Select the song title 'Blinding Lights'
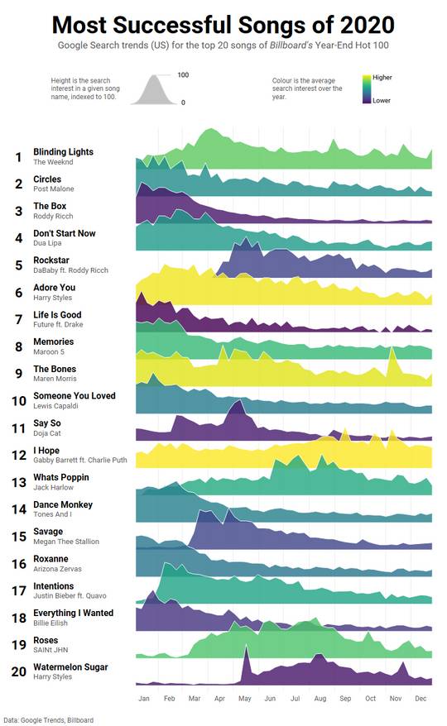click(x=63, y=152)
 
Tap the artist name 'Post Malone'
click(x=54, y=189)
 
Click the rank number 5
click(x=17, y=265)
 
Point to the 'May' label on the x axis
click(x=244, y=699)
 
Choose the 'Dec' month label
click(x=421, y=699)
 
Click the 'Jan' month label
click(x=144, y=699)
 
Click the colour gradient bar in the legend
click(x=367, y=89)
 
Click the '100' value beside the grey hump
click(x=183, y=75)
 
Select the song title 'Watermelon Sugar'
click(x=70, y=667)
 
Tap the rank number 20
click(x=17, y=671)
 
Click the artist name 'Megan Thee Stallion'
click(x=66, y=542)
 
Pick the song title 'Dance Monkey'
click(x=63, y=504)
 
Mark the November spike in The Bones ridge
click(x=392, y=353)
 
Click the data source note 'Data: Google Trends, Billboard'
click(x=48, y=720)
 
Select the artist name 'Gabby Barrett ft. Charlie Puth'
click(x=80, y=461)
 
